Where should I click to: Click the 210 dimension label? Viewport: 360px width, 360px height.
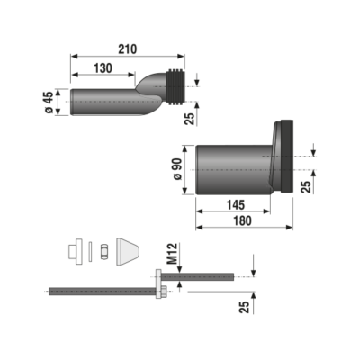coord(128,49)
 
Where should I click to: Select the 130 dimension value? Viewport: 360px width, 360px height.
coord(103,68)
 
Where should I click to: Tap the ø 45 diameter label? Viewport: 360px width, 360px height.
coord(49,102)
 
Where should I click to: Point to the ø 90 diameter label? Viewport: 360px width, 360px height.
coord(177,169)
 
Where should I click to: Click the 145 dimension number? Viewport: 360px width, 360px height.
coord(236,205)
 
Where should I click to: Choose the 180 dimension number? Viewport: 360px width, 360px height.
coord(242,220)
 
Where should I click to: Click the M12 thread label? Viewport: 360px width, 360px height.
coord(173,254)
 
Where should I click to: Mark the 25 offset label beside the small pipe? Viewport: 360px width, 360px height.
coord(190,119)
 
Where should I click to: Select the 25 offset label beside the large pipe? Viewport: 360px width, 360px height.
coord(306,186)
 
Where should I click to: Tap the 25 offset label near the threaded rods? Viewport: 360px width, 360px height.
coord(244,307)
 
